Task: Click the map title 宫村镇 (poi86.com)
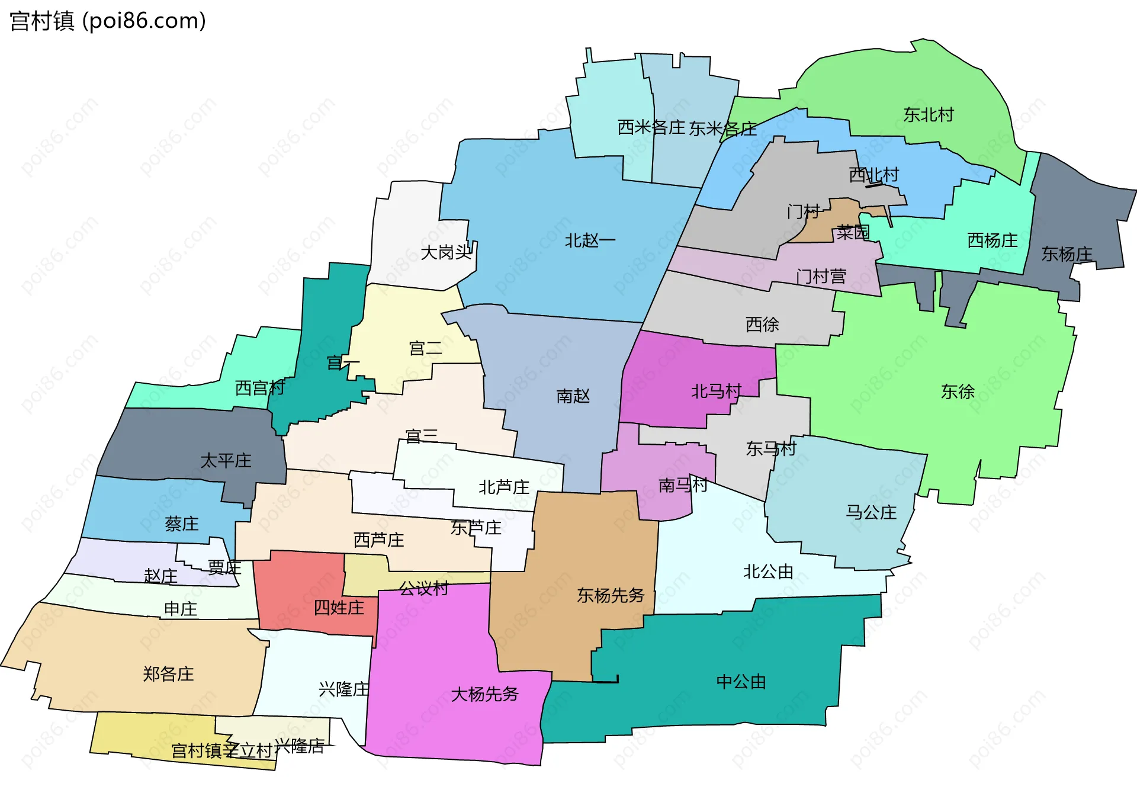(x=108, y=21)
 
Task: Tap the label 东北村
(x=928, y=115)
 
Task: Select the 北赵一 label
(x=590, y=240)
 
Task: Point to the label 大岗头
(x=446, y=253)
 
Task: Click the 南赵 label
(x=573, y=396)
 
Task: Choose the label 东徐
(x=958, y=391)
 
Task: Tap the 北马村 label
(x=716, y=391)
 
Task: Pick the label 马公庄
(x=871, y=512)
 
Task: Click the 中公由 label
(x=741, y=682)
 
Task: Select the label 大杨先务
(x=484, y=694)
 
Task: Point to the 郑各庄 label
(x=168, y=674)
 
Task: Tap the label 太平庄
(x=226, y=461)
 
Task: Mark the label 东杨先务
(x=610, y=595)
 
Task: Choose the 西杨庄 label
(x=992, y=240)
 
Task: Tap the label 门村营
(x=821, y=277)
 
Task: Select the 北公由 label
(x=768, y=572)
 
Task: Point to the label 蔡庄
(x=181, y=524)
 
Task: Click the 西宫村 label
(x=260, y=388)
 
